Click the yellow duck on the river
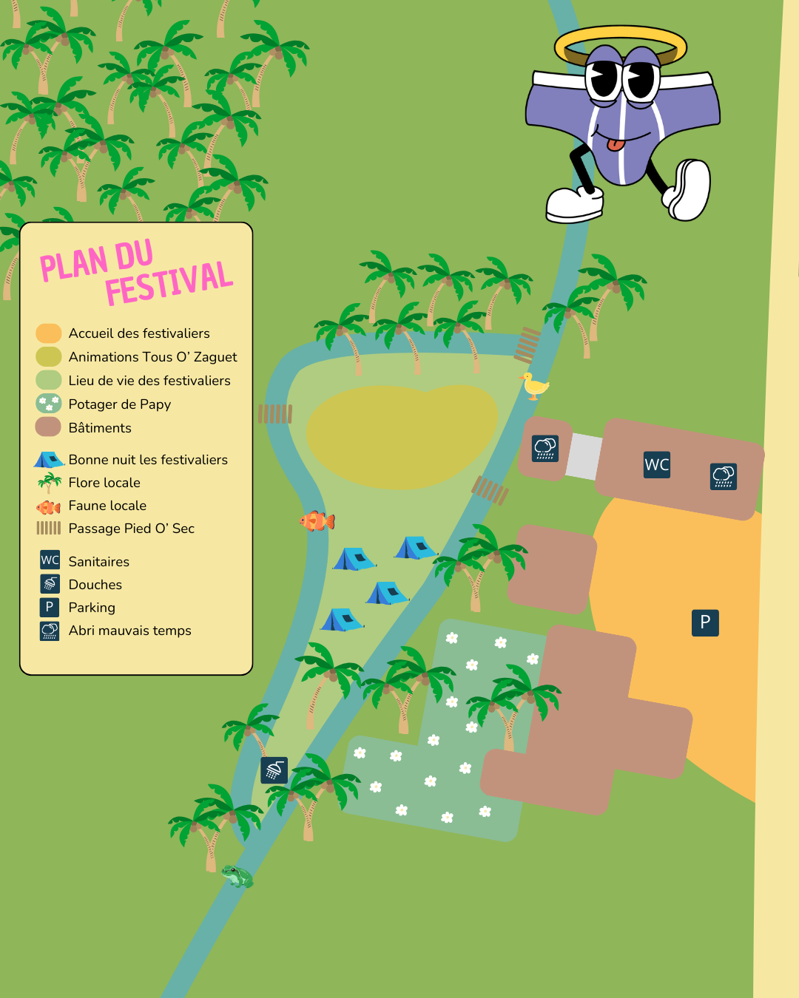[x=534, y=386]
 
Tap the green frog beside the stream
[x=237, y=876]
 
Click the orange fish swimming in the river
[x=317, y=520]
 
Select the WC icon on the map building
[x=657, y=465]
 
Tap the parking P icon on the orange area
[x=705, y=622]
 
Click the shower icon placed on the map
[x=274, y=770]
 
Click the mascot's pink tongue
[x=616, y=143]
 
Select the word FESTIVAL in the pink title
[x=169, y=282]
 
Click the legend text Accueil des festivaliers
[x=139, y=333]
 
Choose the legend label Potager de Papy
[x=120, y=404]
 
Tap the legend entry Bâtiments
[x=100, y=428]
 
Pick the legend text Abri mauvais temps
[x=130, y=631]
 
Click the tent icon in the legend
[x=49, y=460]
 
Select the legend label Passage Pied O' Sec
[x=132, y=529]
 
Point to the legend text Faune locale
[x=107, y=506]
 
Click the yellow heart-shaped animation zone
[x=402, y=436]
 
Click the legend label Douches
[x=95, y=585]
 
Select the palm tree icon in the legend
[x=50, y=483]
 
